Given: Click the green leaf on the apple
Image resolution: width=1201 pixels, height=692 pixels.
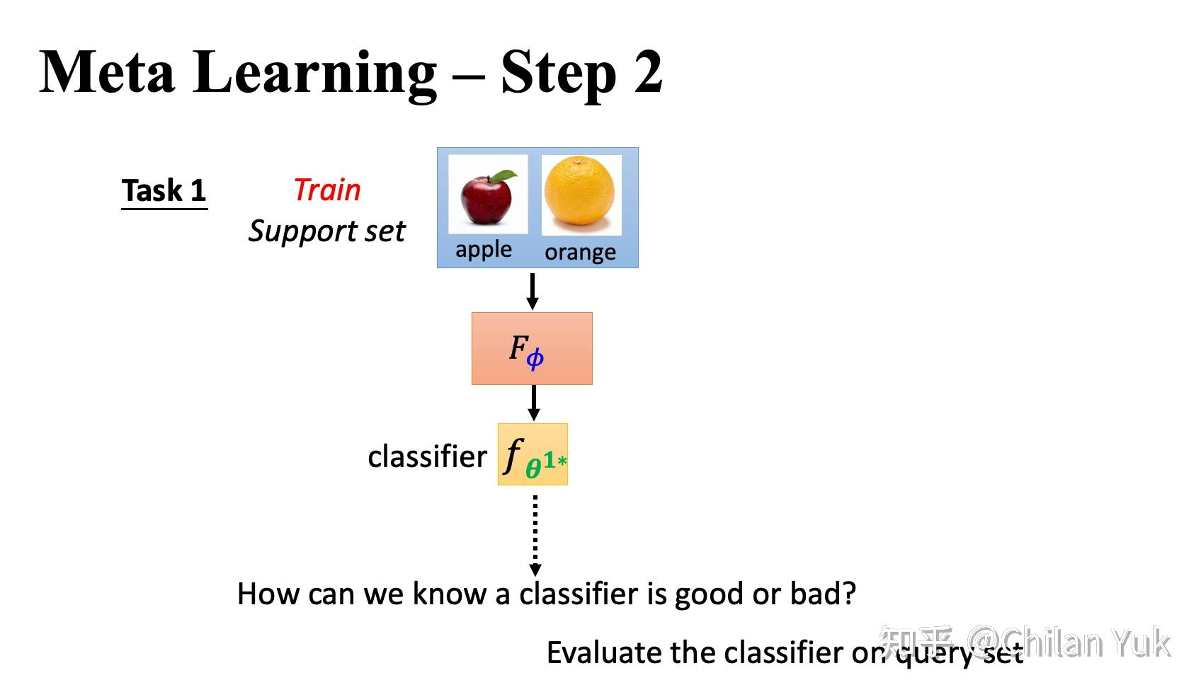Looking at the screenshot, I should [504, 176].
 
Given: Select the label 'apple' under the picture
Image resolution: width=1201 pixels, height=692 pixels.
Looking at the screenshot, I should [484, 250].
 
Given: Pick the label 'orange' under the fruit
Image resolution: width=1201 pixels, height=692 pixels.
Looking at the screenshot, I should [580, 253].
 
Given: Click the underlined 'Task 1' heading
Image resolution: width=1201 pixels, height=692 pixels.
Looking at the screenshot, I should [164, 191].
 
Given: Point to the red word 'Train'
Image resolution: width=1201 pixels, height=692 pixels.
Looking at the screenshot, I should [327, 190].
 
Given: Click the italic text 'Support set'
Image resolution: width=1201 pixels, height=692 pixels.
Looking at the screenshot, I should [326, 231].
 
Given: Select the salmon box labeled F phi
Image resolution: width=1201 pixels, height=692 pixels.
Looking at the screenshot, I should [532, 349].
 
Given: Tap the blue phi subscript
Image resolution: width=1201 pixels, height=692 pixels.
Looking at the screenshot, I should [535, 358].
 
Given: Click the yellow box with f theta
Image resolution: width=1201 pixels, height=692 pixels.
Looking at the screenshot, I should [533, 454].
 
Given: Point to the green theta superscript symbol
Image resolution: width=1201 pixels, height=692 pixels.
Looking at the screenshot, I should [534, 468].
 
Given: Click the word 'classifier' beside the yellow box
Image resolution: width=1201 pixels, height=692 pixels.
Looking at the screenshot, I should [427, 456].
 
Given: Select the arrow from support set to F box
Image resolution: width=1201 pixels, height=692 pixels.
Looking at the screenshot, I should [533, 290].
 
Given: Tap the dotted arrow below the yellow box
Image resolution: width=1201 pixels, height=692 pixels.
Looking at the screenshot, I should [535, 534].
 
